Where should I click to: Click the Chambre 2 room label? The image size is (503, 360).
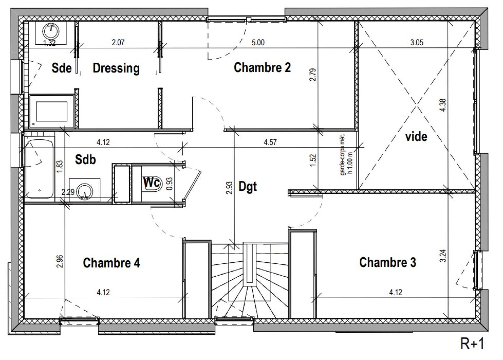pos(262,67)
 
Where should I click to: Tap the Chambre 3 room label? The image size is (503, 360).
pos(388,262)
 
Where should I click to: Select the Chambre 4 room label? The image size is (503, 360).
pos(111,263)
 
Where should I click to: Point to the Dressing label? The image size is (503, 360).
pos(116,68)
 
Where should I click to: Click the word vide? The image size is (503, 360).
pos(416,137)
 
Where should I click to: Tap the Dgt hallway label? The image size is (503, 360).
pos(248,187)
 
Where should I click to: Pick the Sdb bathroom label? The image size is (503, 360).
pos(85,160)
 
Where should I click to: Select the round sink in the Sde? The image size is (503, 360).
pos(51,31)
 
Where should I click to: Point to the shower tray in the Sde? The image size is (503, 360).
pos(52,111)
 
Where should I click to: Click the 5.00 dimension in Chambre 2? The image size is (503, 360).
pos(258,42)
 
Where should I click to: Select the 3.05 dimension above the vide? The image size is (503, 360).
pos(417,42)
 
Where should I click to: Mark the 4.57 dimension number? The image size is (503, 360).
pos(270,142)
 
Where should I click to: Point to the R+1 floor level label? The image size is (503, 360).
pos(472,343)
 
